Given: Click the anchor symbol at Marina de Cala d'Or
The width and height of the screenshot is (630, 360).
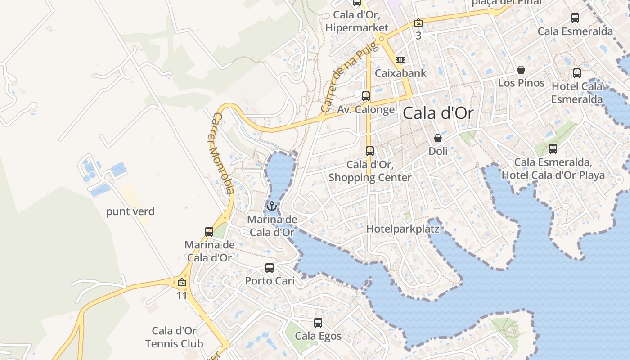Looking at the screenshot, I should tap(271, 207).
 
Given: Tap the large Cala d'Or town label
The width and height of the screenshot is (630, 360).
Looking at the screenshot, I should tap(438, 113).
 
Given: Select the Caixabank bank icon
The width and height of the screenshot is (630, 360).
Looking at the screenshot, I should tap(400, 60).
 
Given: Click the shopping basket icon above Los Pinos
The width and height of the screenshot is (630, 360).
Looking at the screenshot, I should tap(521, 70).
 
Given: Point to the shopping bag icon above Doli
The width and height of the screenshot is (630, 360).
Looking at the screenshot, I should tap(438, 138).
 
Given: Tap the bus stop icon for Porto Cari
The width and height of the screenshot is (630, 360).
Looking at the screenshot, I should tap(270, 268).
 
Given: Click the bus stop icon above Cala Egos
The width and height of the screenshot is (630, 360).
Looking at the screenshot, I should tap(318, 323).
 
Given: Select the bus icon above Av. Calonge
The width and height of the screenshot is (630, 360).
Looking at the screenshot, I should tap(366, 96).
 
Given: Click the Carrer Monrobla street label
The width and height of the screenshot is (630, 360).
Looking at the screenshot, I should tap(223, 153).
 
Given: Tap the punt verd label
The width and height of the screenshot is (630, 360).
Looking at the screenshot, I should tap(130, 211).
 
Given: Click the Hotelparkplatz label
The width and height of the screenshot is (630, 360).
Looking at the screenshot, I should tap(403, 229).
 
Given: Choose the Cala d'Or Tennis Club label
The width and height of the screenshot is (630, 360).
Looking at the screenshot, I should tap(174, 337).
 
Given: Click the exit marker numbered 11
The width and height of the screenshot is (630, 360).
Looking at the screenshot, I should tap(182, 283).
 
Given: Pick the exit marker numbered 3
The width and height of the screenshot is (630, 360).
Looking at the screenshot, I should tap(418, 22).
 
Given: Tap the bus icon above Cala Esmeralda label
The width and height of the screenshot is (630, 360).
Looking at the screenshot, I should tap(575, 18).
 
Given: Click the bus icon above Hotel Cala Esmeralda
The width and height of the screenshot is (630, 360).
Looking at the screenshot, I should tap(577, 73).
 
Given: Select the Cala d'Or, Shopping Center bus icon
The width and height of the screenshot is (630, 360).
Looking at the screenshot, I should tap(370, 151).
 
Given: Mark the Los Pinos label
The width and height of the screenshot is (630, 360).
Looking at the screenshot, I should tap(521, 83).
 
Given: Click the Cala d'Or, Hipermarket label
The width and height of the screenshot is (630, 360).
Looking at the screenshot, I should tap(357, 21).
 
